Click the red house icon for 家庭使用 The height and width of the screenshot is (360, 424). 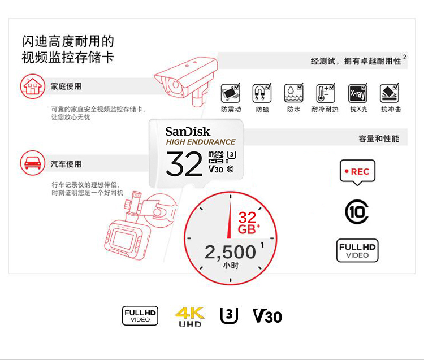click(33, 86)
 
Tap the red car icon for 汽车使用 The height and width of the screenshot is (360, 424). click(33, 163)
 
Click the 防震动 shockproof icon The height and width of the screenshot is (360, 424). click(231, 93)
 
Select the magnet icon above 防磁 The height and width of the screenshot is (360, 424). click(262, 93)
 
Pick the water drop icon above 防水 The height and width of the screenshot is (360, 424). click(293, 93)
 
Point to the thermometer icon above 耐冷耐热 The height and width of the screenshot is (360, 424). click(326, 93)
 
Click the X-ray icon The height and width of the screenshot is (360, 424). click(357, 93)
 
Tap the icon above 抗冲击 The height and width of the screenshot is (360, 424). click(390, 93)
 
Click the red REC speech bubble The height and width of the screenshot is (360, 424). click(357, 172)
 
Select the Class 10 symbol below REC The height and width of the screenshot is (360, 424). click(357, 212)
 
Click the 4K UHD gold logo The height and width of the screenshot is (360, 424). click(190, 316)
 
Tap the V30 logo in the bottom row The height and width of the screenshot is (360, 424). click(267, 316)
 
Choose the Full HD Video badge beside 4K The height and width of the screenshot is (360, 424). click(140, 316)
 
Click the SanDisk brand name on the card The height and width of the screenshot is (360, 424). click(188, 132)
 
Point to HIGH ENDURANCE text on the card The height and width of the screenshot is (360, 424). click(201, 142)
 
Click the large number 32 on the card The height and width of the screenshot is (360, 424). click(184, 163)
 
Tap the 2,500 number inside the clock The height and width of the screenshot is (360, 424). click(231, 252)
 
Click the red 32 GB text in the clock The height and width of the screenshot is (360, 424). click(248, 223)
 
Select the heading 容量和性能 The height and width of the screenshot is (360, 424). click(379, 138)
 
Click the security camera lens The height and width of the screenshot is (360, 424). click(175, 85)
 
